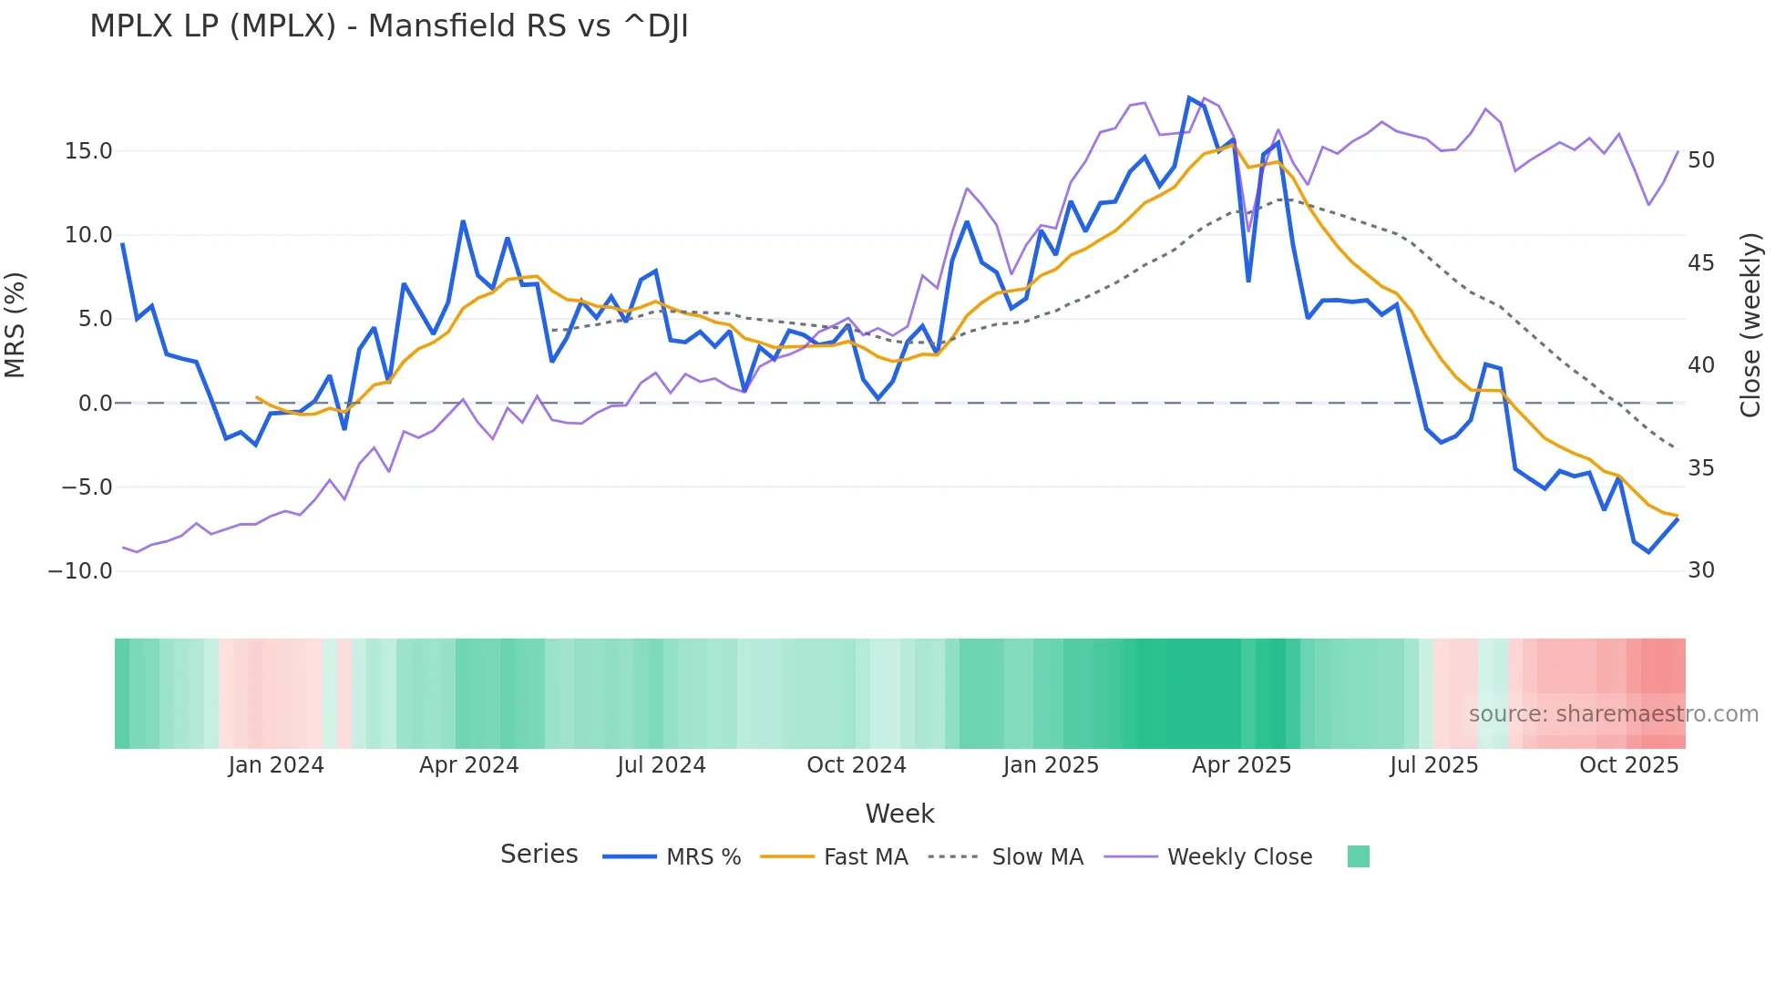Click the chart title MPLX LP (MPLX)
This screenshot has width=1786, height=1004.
[x=389, y=26]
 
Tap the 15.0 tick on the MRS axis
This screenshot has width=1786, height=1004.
[x=88, y=151]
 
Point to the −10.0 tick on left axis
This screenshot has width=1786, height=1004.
[x=80, y=571]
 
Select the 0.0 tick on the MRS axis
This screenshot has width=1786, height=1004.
[x=95, y=404]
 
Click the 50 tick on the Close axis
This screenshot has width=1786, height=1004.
[x=1700, y=160]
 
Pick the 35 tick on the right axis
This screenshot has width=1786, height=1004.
[x=1700, y=468]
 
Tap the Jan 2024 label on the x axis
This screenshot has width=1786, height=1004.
[x=276, y=765]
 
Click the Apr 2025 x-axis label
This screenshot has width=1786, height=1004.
[x=1241, y=765]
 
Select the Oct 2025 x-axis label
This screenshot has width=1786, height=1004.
[x=1628, y=765]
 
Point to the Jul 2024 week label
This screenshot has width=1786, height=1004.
[x=662, y=765]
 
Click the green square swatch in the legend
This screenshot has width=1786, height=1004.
[x=1358, y=856]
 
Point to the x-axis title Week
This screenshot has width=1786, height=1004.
[x=899, y=814]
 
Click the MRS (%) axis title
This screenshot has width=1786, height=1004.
[x=15, y=324]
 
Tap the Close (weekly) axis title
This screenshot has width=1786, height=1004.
[x=1750, y=324]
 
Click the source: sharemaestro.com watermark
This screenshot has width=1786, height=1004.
[x=1613, y=714]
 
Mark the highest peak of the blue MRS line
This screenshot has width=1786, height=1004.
[x=1190, y=97]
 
